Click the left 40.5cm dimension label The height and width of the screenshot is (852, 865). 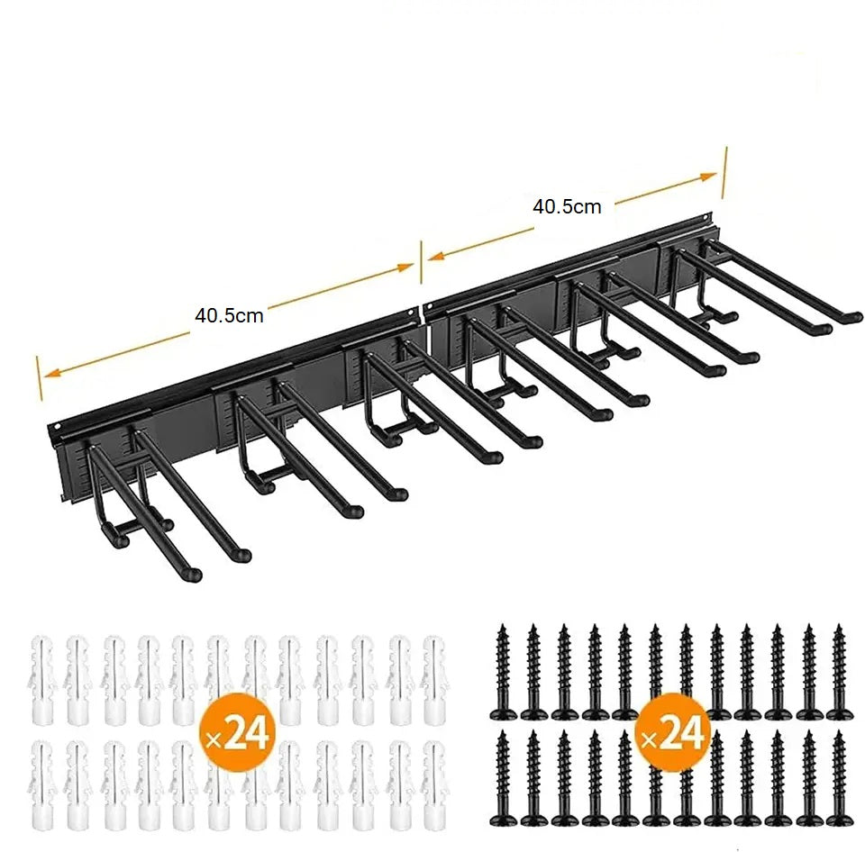coord(229,315)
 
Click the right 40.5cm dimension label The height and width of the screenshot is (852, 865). coord(567,207)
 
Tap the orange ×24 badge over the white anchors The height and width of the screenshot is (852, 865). coord(237,732)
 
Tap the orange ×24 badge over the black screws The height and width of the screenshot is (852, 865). coord(672,732)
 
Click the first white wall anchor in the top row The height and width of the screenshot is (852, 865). coord(41,680)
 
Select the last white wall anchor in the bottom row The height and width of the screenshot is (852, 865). coord(434,784)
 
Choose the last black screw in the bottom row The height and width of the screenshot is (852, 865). coord(840,778)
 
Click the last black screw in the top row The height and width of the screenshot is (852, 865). coord(840,672)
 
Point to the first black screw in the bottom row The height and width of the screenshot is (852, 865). coord(502,778)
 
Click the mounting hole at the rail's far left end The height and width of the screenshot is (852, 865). coord(56,427)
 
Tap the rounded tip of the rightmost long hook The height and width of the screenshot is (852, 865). coord(854,318)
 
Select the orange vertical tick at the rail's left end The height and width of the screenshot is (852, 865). coord(39,378)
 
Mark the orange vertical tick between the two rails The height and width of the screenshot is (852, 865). coord(422,262)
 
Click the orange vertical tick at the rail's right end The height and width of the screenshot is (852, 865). coord(724,172)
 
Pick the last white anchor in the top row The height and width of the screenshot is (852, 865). coord(434,680)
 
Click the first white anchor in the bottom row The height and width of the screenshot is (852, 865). coord(41,784)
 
